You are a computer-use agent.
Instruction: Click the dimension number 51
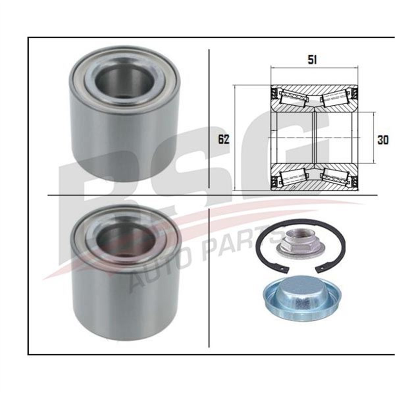(x=312, y=61)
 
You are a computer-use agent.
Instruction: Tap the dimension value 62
(x=224, y=140)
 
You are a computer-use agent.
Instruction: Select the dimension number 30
(x=383, y=140)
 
